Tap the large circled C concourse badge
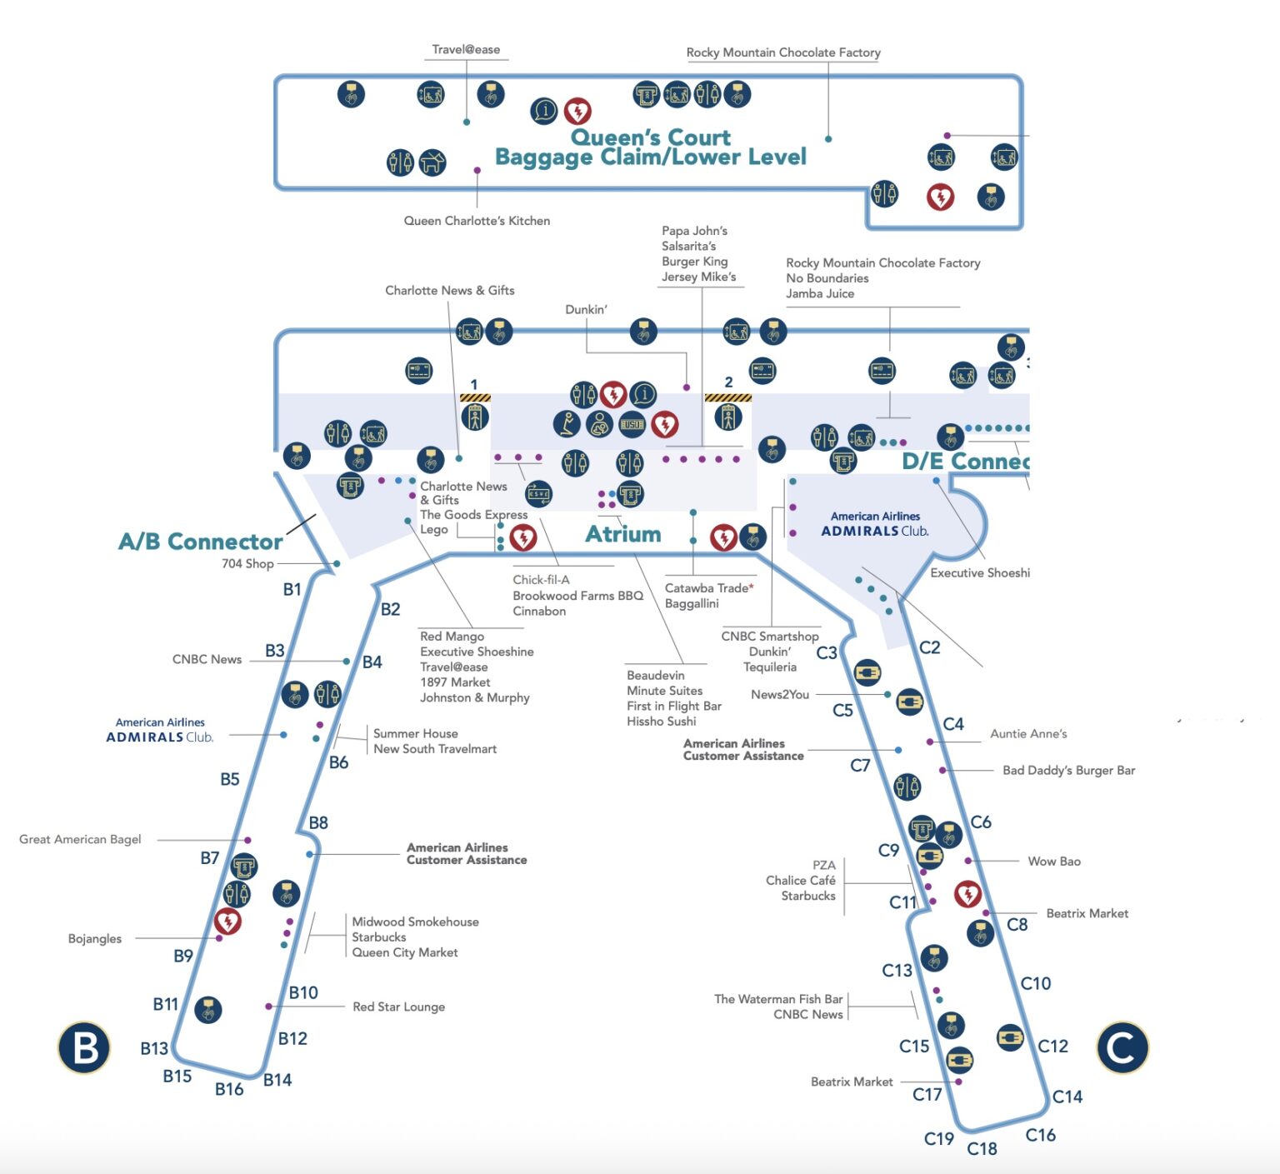click(1122, 1047)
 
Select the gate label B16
click(229, 1089)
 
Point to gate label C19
click(939, 1138)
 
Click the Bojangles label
click(95, 938)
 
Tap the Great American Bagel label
click(80, 839)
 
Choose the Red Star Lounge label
click(398, 1007)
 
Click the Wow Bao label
click(1054, 861)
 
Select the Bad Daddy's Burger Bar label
click(1068, 770)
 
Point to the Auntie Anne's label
click(1028, 733)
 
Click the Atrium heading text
click(623, 533)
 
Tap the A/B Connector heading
click(200, 542)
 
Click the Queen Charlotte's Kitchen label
click(477, 221)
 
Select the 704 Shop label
click(247, 563)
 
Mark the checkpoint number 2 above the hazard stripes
click(728, 382)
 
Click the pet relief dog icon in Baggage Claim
click(432, 162)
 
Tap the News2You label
click(779, 694)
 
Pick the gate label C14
click(1067, 1097)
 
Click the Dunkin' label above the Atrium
click(586, 309)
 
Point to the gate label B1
click(292, 589)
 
